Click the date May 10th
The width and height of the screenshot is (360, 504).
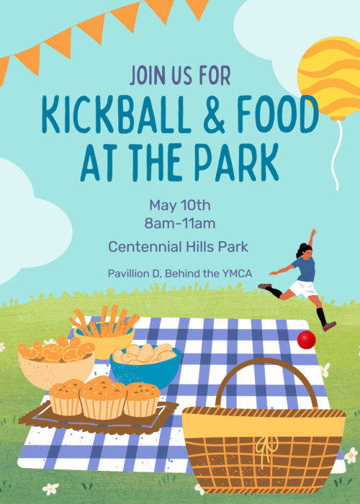point(180,205)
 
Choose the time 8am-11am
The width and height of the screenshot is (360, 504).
point(180,223)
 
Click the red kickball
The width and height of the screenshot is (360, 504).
point(306,340)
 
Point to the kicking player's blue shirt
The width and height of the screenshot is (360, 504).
point(305,269)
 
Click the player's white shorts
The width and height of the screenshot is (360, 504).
point(303,289)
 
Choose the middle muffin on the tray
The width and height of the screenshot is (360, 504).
point(103,397)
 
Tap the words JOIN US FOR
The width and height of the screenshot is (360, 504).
point(180,75)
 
